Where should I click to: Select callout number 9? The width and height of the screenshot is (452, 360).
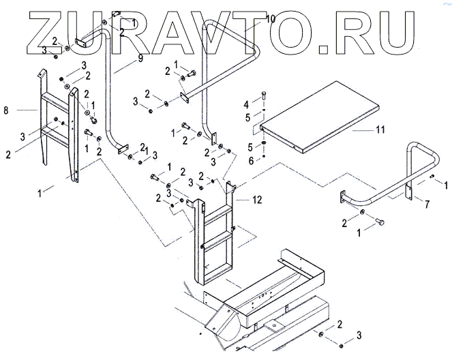tap(140, 59)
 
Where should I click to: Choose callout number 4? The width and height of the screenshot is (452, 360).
tap(247, 104)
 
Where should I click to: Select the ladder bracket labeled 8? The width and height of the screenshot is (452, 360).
tap(57, 130)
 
